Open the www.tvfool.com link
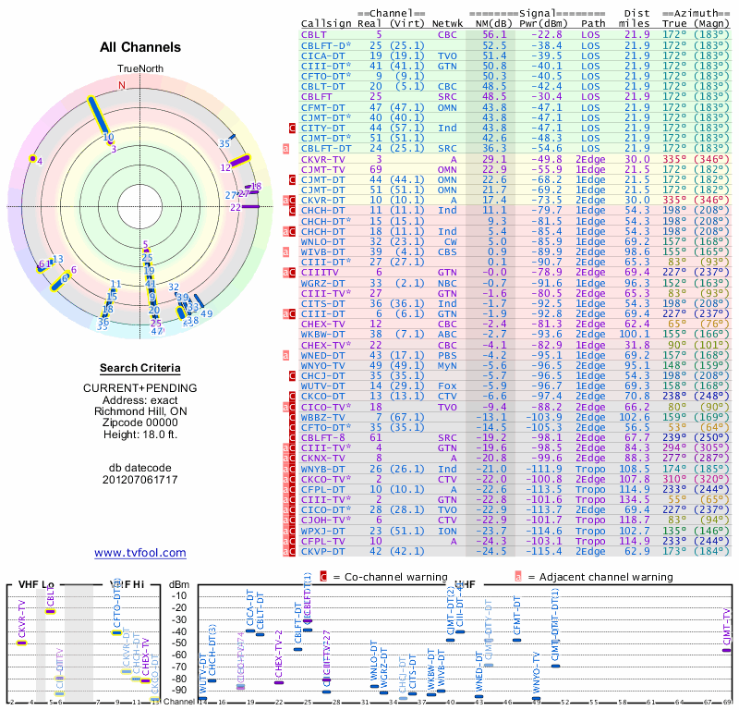pyautogui.click(x=139, y=553)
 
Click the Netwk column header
pyautogui.click(x=448, y=23)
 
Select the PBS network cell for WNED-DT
pyautogui.click(x=448, y=354)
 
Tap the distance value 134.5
pyautogui.click(x=636, y=499)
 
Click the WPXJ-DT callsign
pyautogui.click(x=322, y=531)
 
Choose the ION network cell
pyautogui.click(x=448, y=531)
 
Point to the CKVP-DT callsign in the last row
pyautogui.click(x=322, y=552)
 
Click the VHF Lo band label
pyautogui.click(x=35, y=584)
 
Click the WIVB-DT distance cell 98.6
pyautogui.click(x=636, y=251)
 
